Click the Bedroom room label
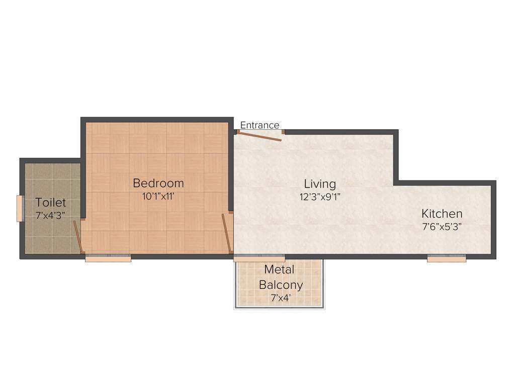click(158, 183)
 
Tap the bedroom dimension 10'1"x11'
click(158, 197)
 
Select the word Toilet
click(50, 203)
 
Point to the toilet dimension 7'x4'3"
click(50, 216)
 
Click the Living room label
click(320, 183)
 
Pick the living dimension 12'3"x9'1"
click(320, 197)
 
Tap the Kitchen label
click(442, 213)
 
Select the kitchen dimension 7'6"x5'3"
click(442, 226)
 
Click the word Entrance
click(260, 125)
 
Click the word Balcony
click(281, 285)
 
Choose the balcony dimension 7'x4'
click(280, 298)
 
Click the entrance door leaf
click(260, 136)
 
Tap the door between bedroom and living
click(227, 233)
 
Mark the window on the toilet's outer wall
click(20, 208)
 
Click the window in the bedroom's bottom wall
click(108, 258)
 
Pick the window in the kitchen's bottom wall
click(446, 258)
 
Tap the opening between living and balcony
click(259, 258)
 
